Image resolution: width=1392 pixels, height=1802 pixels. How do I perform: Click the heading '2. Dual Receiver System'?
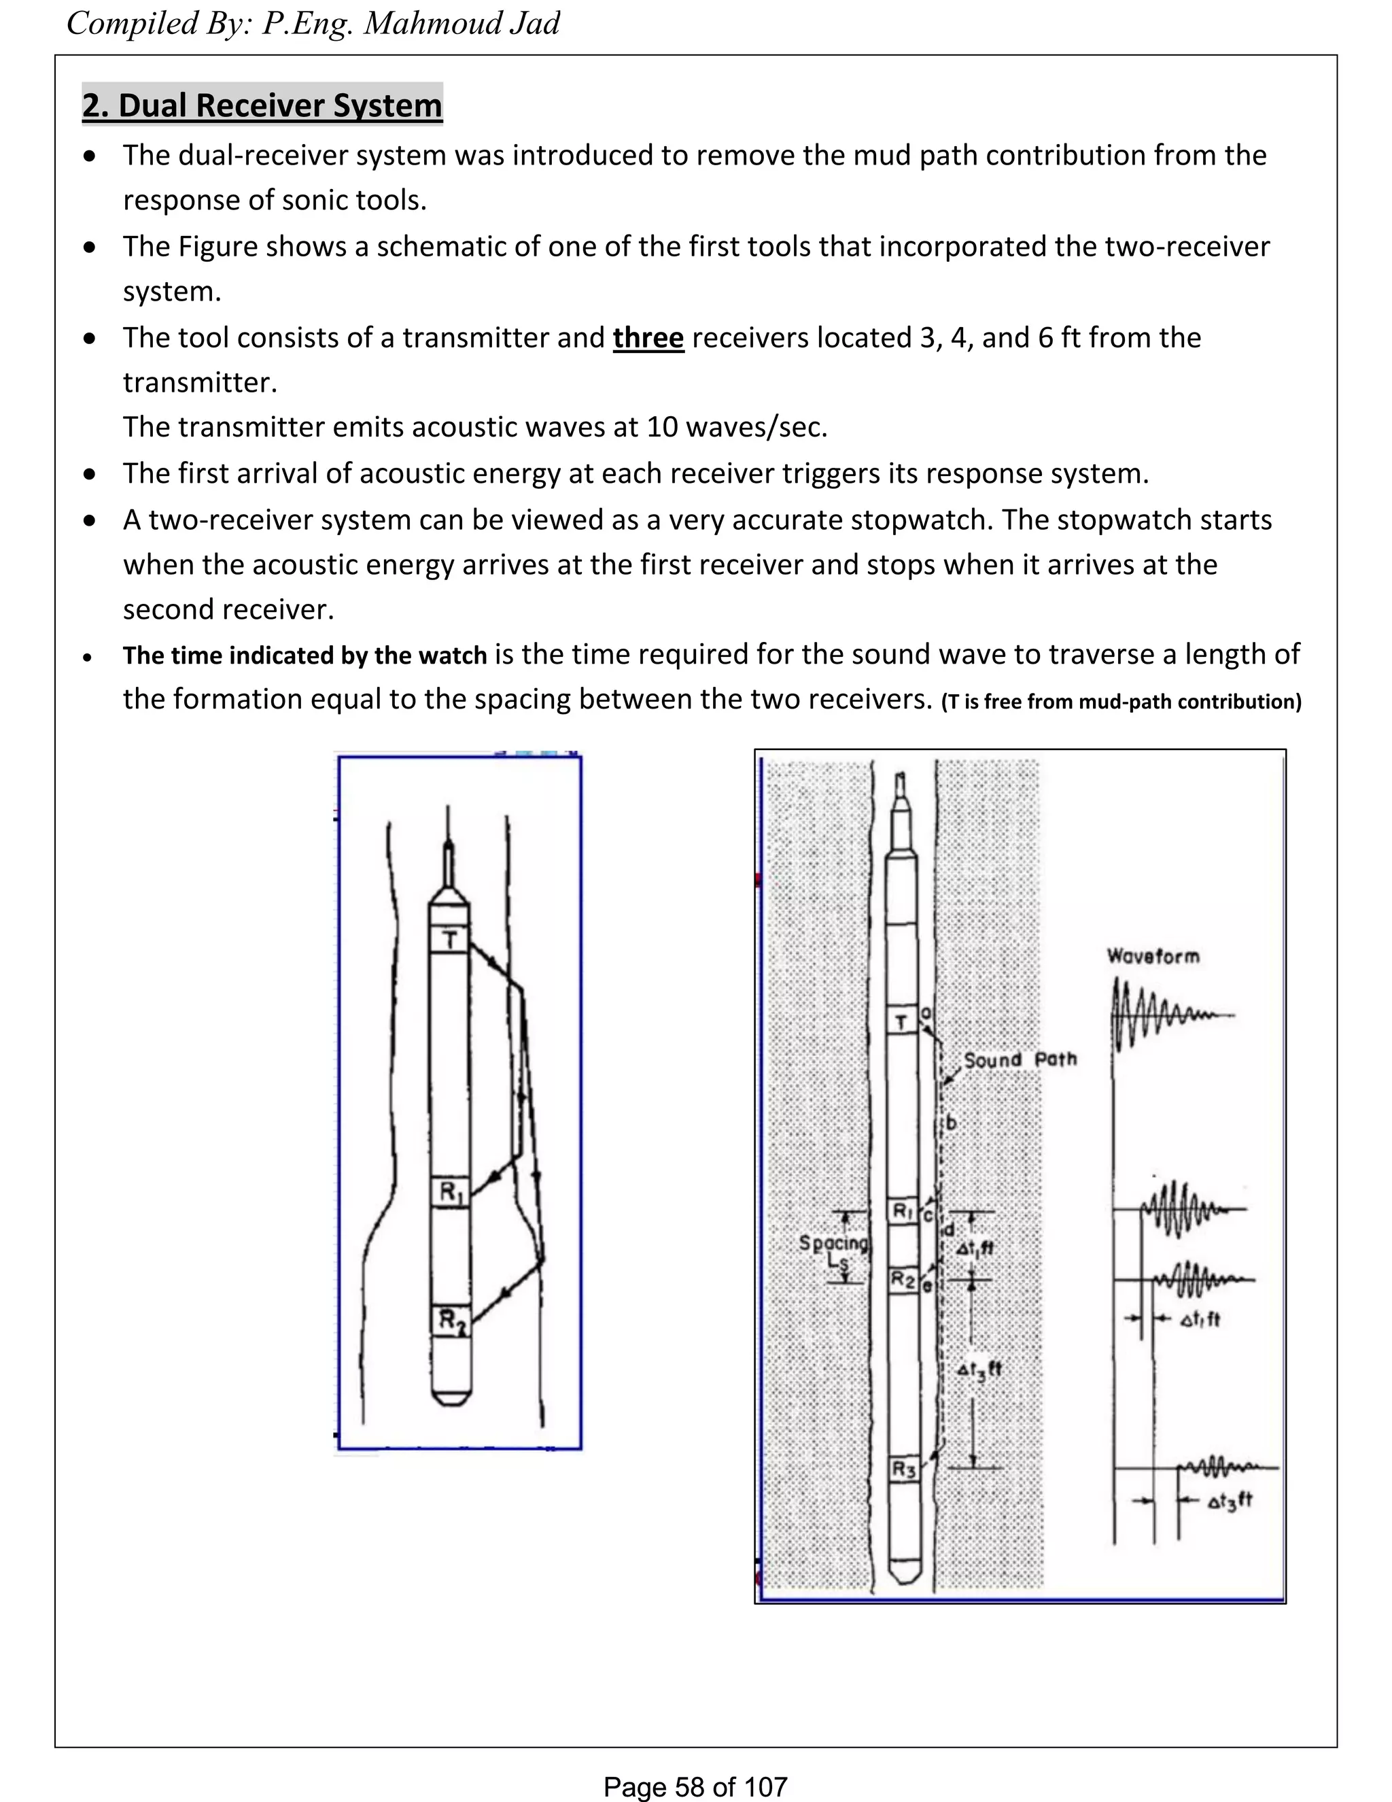click(x=262, y=105)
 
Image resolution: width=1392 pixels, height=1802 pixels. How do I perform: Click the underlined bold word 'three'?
click(x=648, y=337)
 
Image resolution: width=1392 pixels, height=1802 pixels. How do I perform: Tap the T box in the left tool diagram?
click(x=449, y=940)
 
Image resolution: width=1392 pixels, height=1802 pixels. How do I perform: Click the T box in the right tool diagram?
click(x=902, y=1022)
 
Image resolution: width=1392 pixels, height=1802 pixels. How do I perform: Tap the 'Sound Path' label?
click(x=1020, y=1059)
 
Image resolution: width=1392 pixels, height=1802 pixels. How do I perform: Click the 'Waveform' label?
click(x=1153, y=956)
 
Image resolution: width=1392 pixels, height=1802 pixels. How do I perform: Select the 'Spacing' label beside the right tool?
click(x=833, y=1242)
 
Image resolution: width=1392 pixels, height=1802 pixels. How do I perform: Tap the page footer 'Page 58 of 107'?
click(x=695, y=1786)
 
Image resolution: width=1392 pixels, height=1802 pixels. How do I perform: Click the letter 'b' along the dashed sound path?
click(x=951, y=1123)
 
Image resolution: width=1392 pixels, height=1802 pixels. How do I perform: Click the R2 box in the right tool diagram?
click(x=903, y=1280)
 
